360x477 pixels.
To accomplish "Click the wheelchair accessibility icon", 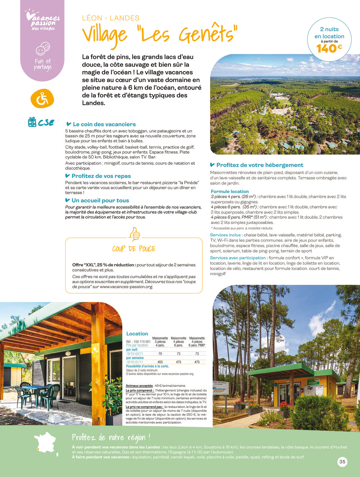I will point(42,98).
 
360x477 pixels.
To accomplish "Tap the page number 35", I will point(342,461).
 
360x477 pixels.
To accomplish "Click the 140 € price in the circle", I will point(329,48).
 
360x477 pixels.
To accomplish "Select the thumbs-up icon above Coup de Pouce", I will point(134,234).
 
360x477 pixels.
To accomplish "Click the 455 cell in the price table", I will point(160,362).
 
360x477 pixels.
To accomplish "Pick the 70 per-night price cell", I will point(160,354).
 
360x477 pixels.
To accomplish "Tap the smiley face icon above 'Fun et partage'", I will point(43,48).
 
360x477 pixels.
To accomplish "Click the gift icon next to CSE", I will point(32,122).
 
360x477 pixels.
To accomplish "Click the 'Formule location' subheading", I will point(230,191).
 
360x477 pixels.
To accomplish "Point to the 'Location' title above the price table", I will point(137,334).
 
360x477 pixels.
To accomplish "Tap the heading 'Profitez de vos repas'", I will point(101,176).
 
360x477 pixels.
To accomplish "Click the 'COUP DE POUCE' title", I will point(134,249).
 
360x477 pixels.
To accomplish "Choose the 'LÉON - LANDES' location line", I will point(111,18).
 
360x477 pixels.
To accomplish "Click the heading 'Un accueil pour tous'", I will point(100,201).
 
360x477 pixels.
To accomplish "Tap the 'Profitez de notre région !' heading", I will point(111,438).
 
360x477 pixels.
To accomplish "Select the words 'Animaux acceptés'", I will point(139,386).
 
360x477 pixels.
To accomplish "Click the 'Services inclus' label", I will point(226,235).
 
